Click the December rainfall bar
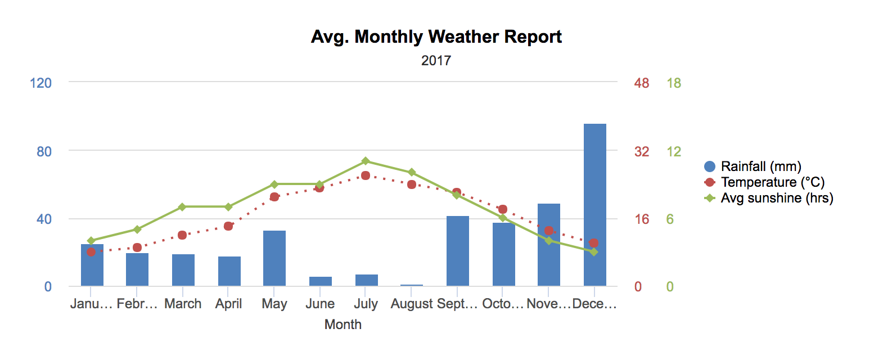click(x=594, y=205)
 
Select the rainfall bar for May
click(x=274, y=258)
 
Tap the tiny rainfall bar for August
click(x=412, y=285)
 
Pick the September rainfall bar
click(x=458, y=251)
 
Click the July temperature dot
click(x=366, y=175)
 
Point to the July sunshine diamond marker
click(x=366, y=161)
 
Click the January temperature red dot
click(x=91, y=252)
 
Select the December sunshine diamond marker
click(x=594, y=252)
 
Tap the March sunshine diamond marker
click(x=182, y=207)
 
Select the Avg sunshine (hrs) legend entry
click(x=768, y=198)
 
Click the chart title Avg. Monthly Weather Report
click(x=436, y=37)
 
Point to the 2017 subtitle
click(x=436, y=60)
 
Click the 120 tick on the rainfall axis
click(x=40, y=83)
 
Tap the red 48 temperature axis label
click(x=642, y=83)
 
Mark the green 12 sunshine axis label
click(x=674, y=151)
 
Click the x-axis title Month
click(x=343, y=325)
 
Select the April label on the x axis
click(x=228, y=304)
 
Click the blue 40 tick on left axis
click(x=44, y=219)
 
